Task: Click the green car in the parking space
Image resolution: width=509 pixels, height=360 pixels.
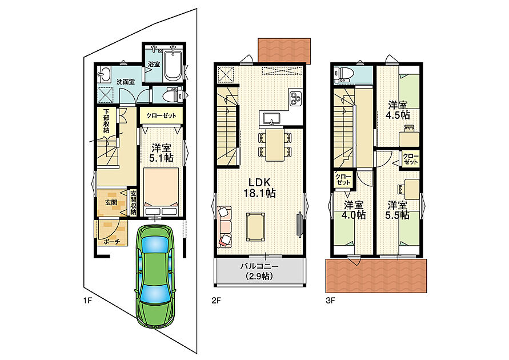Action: (x=155, y=276)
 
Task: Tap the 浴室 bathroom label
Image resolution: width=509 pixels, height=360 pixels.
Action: (x=154, y=64)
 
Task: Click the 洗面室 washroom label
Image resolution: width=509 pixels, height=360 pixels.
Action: (x=126, y=82)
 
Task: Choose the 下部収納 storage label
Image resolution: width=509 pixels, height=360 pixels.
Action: (x=106, y=121)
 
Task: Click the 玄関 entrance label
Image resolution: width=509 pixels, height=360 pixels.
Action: (x=111, y=202)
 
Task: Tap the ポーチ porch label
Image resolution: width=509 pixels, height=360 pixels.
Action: (x=111, y=242)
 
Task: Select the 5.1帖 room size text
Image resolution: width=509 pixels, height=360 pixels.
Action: (x=161, y=158)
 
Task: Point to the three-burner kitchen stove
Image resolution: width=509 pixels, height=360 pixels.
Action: (x=296, y=98)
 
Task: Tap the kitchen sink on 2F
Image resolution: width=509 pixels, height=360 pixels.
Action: (x=271, y=118)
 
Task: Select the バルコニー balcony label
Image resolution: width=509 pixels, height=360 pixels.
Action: (x=259, y=267)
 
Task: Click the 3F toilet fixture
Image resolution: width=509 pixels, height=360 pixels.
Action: (x=342, y=75)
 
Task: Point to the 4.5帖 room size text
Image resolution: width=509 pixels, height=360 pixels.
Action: (x=398, y=115)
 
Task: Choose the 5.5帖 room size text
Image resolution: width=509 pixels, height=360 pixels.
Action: (x=398, y=215)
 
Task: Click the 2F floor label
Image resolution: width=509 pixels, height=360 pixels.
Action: (x=216, y=301)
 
